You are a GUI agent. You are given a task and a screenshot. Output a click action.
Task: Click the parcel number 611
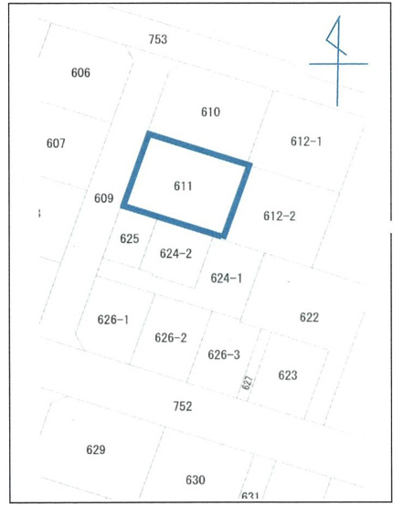(183, 185)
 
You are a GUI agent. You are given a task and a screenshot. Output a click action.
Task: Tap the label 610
(210, 112)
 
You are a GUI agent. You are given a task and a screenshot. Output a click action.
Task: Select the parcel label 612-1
(306, 142)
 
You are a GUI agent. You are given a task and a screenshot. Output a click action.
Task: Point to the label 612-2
(279, 217)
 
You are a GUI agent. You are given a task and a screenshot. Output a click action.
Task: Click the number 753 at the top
(158, 40)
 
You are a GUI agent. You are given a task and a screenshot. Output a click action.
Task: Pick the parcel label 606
(80, 72)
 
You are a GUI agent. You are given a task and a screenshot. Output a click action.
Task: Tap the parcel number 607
(56, 143)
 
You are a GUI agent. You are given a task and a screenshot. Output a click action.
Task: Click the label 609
(103, 198)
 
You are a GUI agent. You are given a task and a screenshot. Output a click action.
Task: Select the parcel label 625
(129, 238)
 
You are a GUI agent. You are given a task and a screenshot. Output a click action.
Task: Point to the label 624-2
(175, 254)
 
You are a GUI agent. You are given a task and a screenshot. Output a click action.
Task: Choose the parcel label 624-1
(226, 278)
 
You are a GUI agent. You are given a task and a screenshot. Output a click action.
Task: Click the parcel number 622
(309, 317)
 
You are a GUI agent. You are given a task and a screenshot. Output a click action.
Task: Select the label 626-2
(170, 337)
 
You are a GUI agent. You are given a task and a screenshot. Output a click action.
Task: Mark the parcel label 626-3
(224, 354)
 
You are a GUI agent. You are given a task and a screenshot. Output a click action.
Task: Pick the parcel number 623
(288, 375)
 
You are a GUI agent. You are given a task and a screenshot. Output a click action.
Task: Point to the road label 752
(183, 406)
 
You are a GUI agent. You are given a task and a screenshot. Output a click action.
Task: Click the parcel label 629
(95, 449)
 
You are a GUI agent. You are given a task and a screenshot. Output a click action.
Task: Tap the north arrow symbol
(338, 62)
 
